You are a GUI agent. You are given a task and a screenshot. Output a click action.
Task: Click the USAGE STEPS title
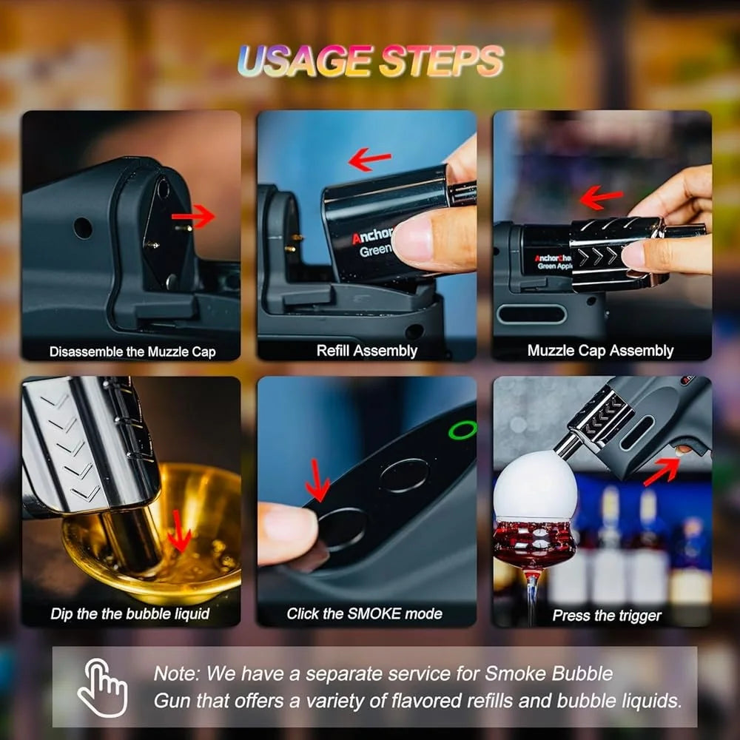pos(371,61)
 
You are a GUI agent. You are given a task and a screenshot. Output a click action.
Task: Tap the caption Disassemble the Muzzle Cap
pos(132,351)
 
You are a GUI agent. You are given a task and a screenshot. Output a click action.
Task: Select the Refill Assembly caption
pos(367,351)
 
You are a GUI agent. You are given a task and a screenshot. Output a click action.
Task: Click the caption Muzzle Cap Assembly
pos(600,351)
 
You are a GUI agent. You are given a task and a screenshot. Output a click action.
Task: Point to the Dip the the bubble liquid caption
pos(129,613)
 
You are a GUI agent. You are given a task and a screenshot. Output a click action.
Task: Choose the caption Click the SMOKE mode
pos(364,613)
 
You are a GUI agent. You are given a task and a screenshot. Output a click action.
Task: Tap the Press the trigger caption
pos(607,616)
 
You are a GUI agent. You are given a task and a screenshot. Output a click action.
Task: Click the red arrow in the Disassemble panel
pos(193,217)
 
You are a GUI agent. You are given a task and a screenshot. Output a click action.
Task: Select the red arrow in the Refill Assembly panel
pos(369,159)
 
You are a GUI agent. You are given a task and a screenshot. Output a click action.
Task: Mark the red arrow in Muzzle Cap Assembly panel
pos(601,197)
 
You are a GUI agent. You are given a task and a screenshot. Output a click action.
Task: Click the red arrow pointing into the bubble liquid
pos(179,531)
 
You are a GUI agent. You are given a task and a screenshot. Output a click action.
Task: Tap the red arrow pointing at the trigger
pos(662,471)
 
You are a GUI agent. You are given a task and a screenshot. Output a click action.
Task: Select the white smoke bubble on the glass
pos(535,486)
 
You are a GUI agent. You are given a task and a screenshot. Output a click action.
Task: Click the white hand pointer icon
pos(102,687)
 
